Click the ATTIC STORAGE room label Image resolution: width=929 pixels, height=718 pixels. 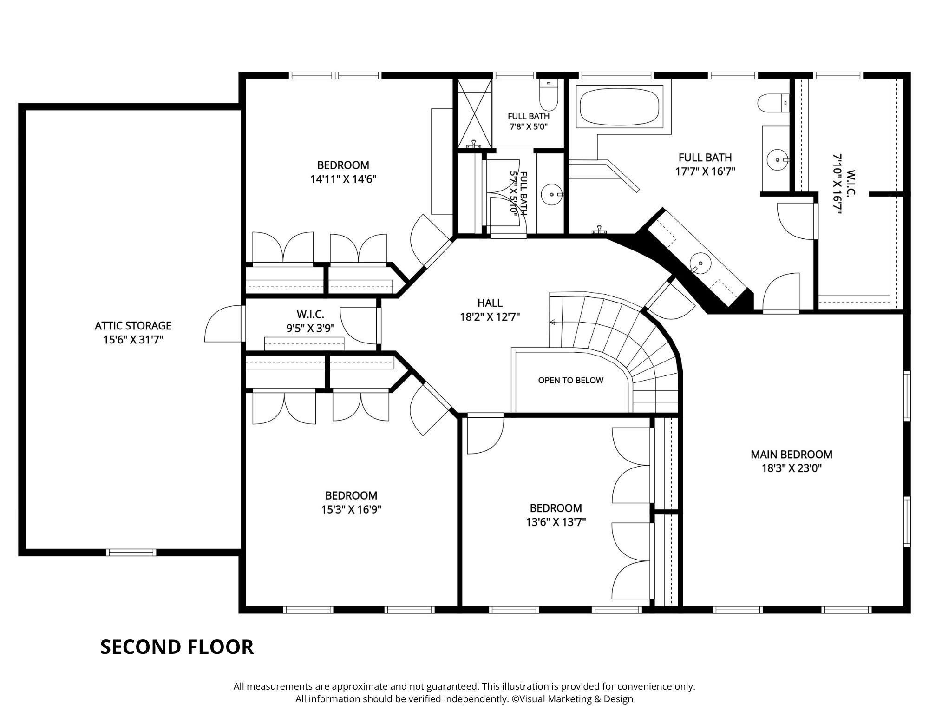point(133,325)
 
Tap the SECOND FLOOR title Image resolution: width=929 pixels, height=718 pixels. point(177,647)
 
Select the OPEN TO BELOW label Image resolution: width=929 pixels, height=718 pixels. point(570,380)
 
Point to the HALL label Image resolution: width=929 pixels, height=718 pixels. point(490,303)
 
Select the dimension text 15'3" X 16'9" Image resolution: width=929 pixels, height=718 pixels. point(351,510)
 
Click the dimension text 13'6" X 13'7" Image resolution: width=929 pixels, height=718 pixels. point(556,522)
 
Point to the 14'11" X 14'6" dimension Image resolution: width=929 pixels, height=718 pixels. point(343,179)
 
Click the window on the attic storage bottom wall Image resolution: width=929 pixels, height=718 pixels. point(131,553)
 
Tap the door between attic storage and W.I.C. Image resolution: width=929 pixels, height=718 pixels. point(224,323)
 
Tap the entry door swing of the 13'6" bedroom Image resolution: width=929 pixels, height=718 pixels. point(485,435)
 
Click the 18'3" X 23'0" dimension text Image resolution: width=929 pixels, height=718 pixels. point(792,468)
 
